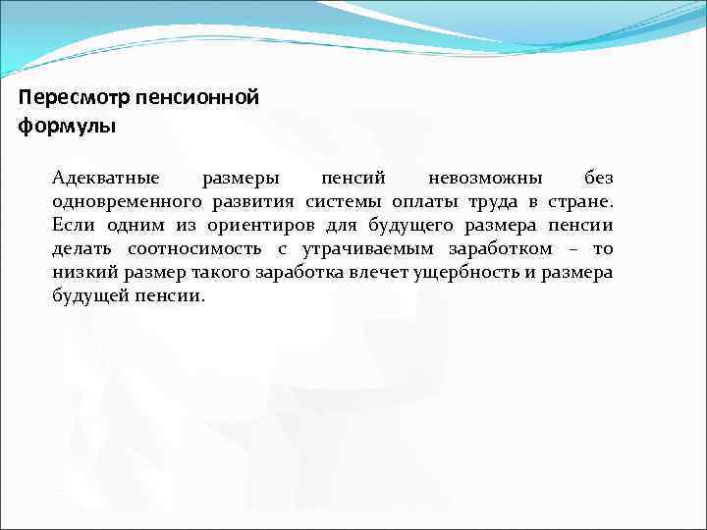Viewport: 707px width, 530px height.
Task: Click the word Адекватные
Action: tap(106, 179)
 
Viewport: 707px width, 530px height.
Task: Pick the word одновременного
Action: tap(129, 202)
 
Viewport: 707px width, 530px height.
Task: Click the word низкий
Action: tap(80, 273)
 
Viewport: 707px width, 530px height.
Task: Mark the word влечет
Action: tap(372, 273)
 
